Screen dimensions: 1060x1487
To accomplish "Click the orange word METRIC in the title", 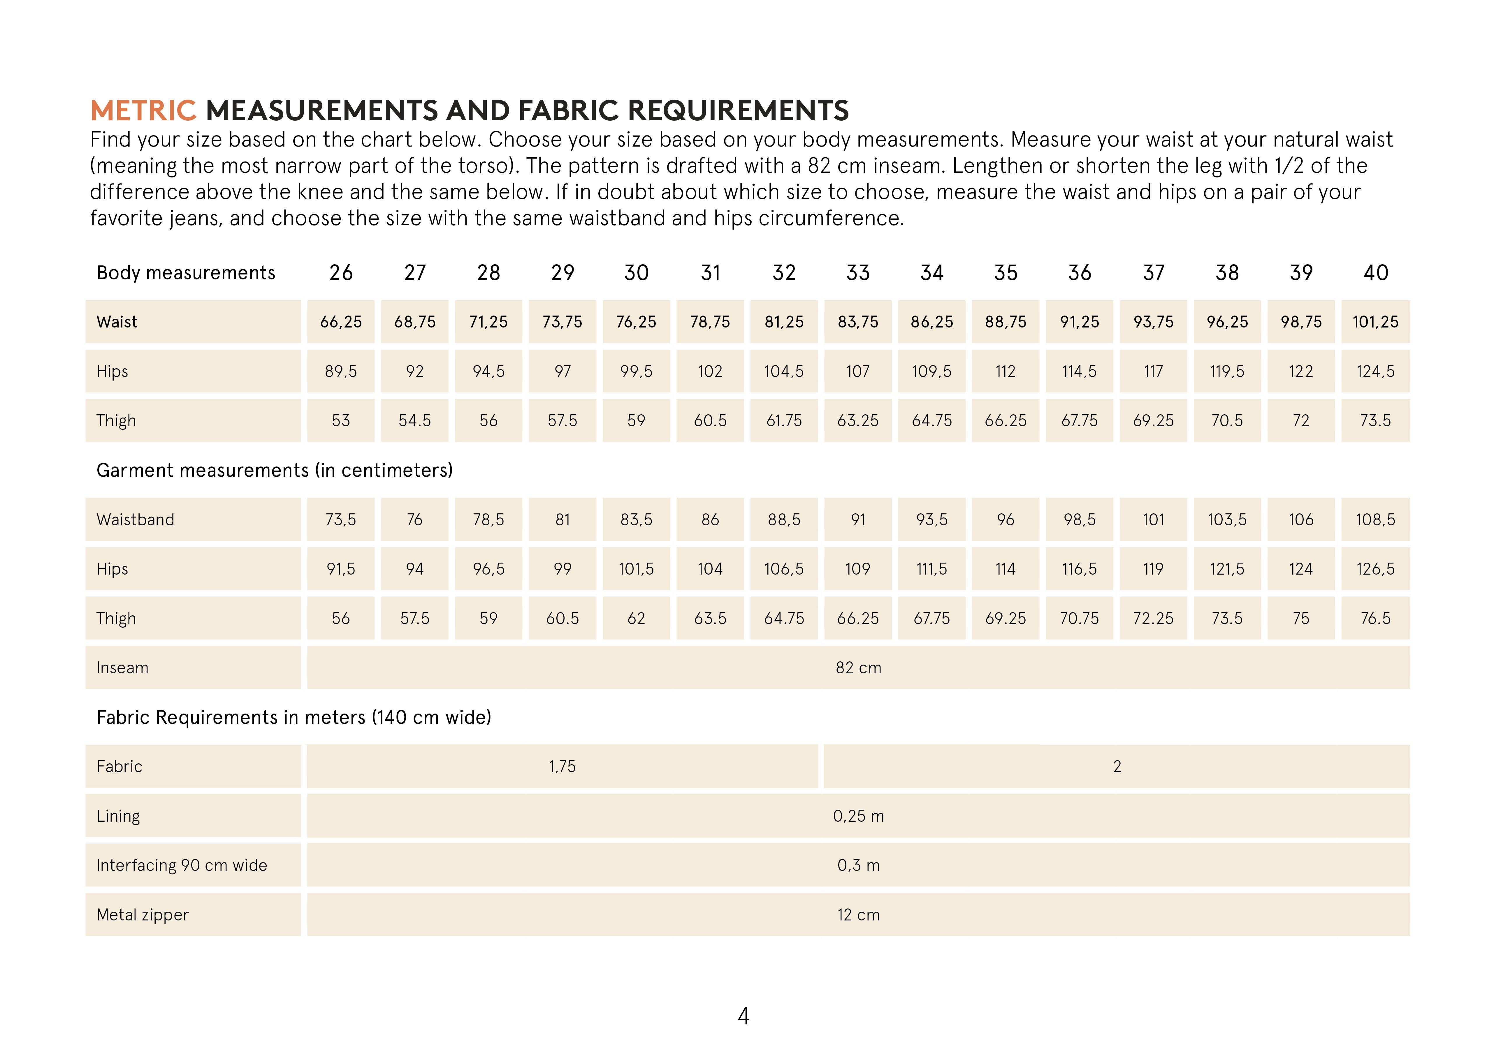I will (143, 111).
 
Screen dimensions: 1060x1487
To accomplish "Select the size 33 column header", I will (858, 273).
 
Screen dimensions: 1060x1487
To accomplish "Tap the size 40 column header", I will (1375, 273).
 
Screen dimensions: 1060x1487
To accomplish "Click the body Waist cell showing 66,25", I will (341, 322).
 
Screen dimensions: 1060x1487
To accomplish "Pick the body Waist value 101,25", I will (1375, 322).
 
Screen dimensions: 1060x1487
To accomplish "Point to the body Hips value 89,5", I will (341, 371).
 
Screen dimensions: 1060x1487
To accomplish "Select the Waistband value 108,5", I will (1375, 520).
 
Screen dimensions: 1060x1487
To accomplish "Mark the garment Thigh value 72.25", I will (1154, 618).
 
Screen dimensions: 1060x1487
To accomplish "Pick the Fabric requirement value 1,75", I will (562, 766).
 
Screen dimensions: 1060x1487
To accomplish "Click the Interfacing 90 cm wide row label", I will (182, 865).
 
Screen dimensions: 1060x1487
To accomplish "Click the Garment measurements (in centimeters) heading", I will (274, 471).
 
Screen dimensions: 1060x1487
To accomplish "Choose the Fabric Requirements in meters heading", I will (294, 717).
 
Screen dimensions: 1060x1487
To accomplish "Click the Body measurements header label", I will (186, 273).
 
